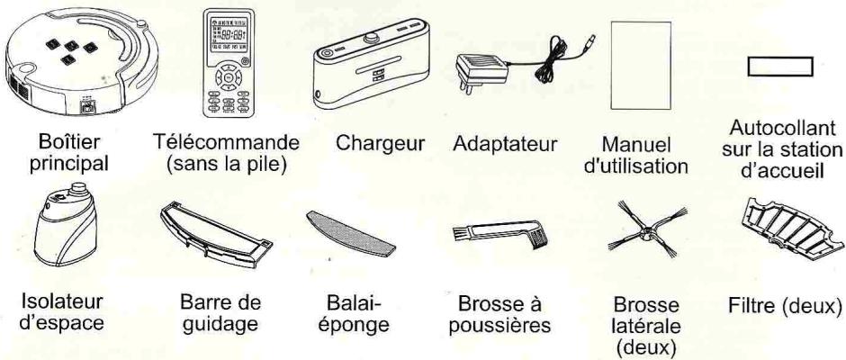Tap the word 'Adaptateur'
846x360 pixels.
pyautogui.click(x=507, y=143)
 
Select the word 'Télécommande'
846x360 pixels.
pyautogui.click(x=223, y=143)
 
